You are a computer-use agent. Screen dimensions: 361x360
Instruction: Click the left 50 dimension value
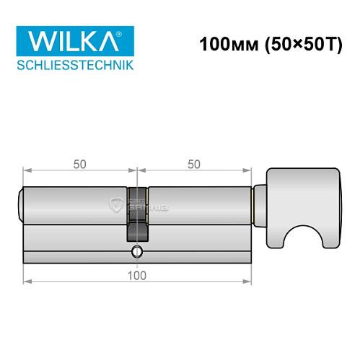(x=79, y=164)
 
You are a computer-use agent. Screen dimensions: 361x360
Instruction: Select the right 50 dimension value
(x=193, y=164)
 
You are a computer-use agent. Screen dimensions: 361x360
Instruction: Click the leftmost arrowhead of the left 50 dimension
(x=26, y=172)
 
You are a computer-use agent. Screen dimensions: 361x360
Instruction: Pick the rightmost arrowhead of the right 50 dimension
(x=248, y=172)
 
